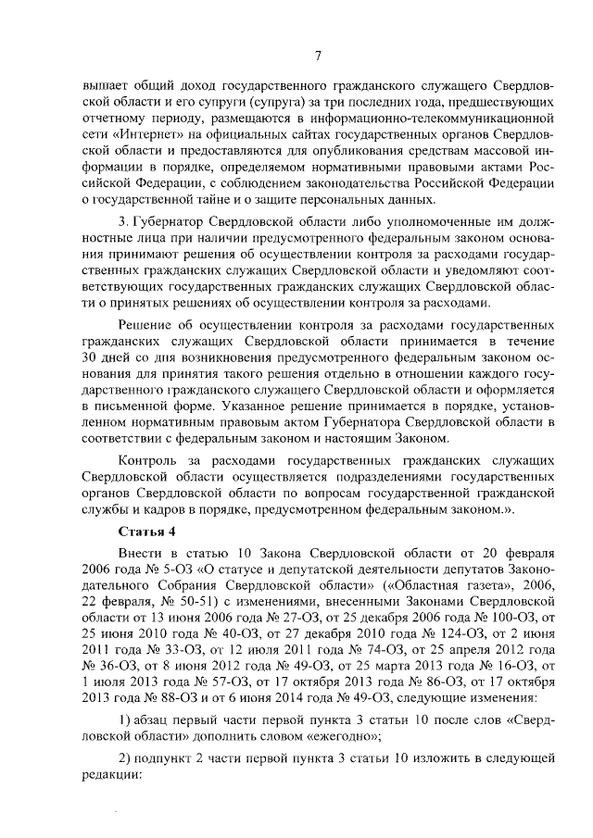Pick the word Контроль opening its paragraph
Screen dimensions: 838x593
(x=152, y=460)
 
